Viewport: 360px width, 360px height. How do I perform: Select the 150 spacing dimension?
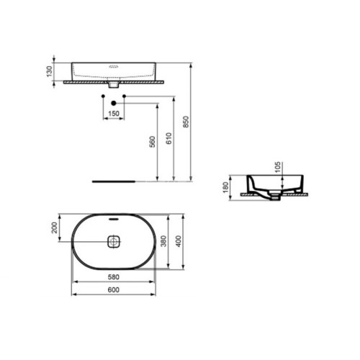[x=113, y=114]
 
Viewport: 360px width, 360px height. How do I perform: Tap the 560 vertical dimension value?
[x=152, y=143]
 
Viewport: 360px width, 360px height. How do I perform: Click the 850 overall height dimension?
[x=186, y=123]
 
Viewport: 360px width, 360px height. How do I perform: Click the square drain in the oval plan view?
[x=113, y=243]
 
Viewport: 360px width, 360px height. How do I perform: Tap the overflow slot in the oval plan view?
[x=113, y=217]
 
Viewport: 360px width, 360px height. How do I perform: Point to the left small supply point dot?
[x=103, y=96]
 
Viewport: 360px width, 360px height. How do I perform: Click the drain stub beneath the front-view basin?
[x=113, y=86]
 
